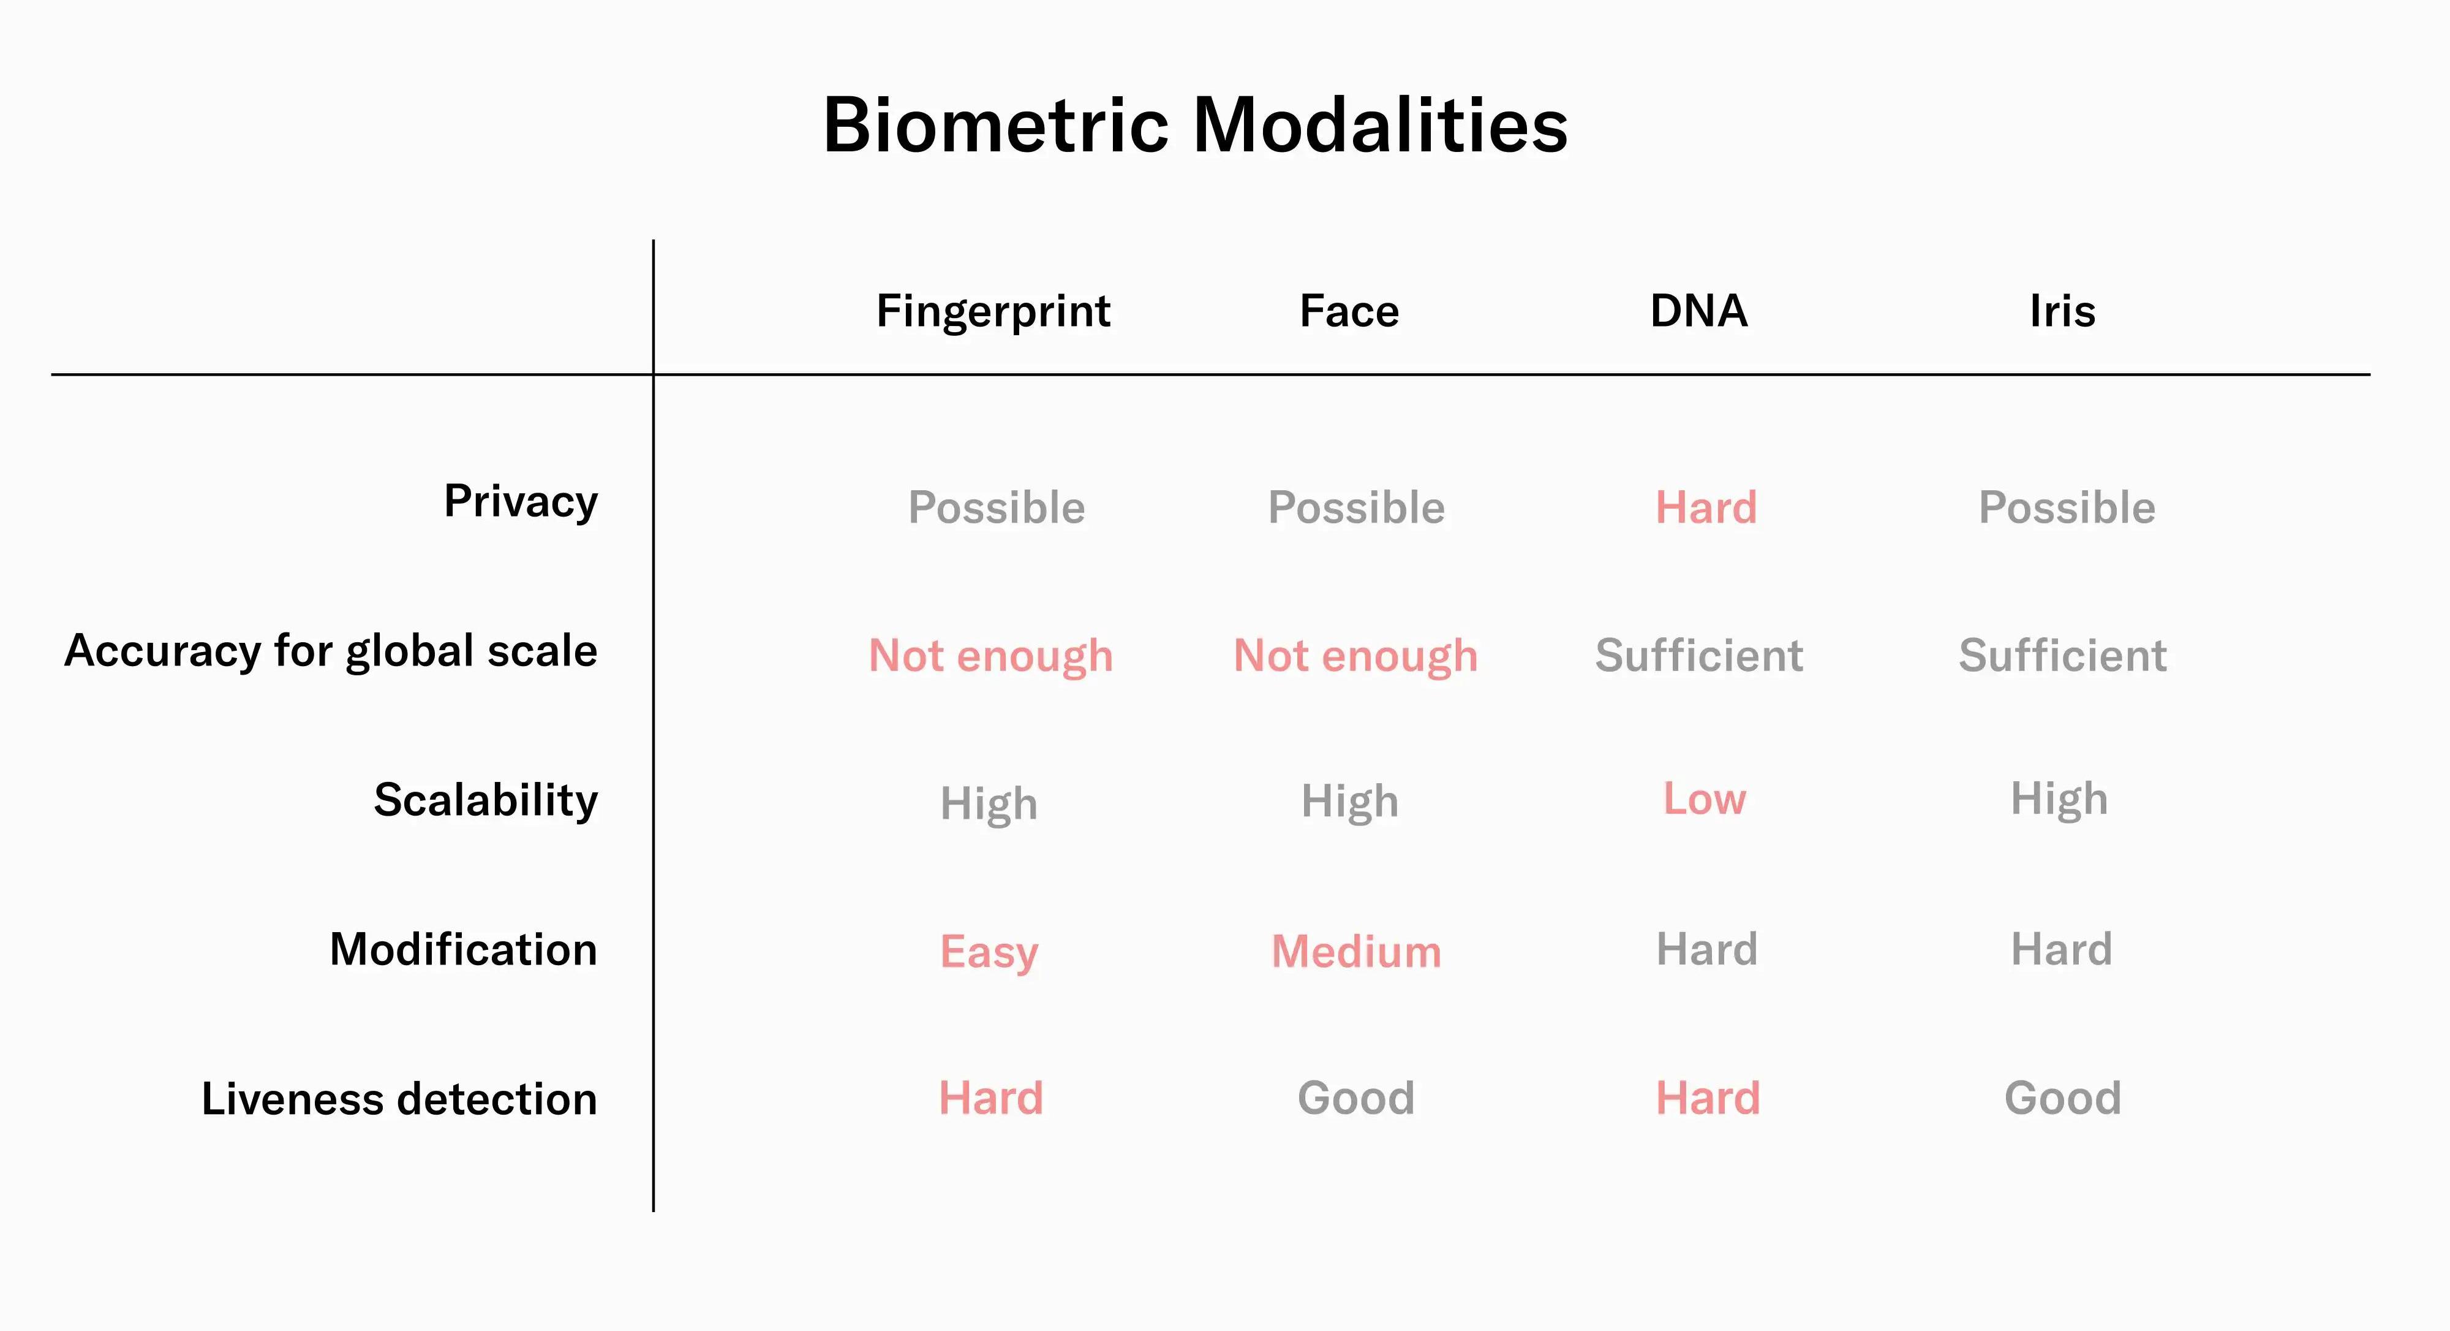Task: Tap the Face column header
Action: coord(1349,311)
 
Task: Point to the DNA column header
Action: coord(1698,311)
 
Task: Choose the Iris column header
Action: coord(2062,311)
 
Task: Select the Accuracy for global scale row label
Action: coord(331,651)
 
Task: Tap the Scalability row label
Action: coord(486,801)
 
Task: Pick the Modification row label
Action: coord(463,949)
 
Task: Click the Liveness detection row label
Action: coord(399,1099)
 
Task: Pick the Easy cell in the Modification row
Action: coord(989,952)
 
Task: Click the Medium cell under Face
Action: coord(1356,952)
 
